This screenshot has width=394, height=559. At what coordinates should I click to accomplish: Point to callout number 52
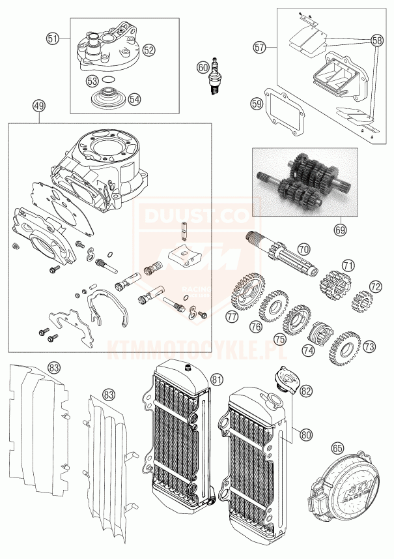pos(148,49)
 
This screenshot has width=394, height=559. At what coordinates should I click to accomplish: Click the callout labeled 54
pos(134,100)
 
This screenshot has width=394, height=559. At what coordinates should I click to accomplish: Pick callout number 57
pos(260,47)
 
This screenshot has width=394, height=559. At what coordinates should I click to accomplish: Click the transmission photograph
pos(305,182)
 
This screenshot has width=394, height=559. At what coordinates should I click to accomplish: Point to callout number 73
pos(369,345)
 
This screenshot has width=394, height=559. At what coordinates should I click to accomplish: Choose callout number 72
pos(374,286)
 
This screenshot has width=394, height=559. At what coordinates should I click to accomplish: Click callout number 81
pos(216,379)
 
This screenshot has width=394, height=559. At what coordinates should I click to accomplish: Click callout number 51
pos(53,38)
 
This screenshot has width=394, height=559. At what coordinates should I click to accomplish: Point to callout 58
pos(377,40)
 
